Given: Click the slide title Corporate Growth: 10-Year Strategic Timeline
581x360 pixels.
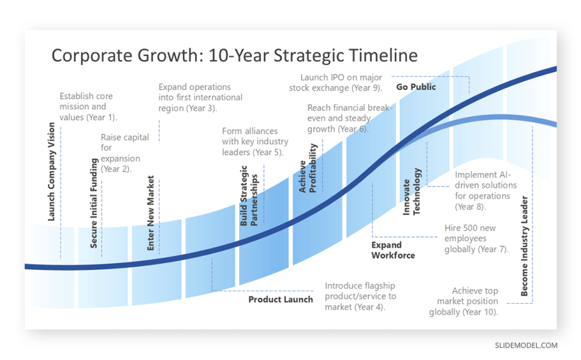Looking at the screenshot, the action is [234, 55].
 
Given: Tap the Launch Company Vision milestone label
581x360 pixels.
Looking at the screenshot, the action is [51, 172].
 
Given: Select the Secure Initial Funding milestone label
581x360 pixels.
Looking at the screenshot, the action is [93, 203].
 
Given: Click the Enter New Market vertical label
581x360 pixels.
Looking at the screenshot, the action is [150, 213].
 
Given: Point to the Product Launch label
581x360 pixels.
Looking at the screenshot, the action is [280, 300].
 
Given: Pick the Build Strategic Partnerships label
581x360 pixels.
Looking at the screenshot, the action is [248, 196].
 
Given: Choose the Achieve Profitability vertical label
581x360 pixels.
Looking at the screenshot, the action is [308, 168].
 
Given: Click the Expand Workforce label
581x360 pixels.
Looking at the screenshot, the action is [393, 250].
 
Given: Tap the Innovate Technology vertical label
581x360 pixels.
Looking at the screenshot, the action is [411, 191].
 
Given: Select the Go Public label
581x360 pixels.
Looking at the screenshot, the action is [416, 87].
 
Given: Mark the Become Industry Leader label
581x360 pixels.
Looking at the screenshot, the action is [524, 246].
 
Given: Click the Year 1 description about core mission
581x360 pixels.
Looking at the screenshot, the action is [88, 107].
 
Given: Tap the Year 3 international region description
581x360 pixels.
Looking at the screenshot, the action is [200, 98].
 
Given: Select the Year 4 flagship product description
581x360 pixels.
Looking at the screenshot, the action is [361, 297].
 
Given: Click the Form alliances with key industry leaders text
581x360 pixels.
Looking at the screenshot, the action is [255, 142].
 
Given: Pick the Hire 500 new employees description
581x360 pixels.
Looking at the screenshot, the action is [477, 238].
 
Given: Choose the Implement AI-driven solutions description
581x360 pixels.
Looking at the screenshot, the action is [486, 190].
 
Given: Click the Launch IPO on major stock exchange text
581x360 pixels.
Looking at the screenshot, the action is [336, 83].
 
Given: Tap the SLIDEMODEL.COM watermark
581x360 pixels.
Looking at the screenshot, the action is [526, 345].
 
